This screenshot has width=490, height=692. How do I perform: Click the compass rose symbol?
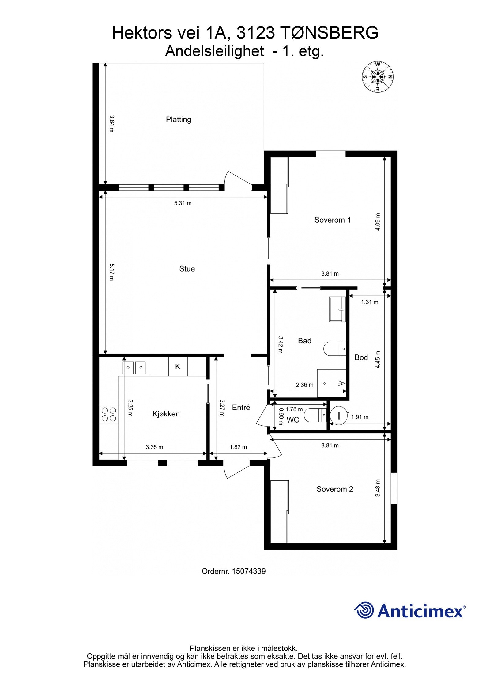pos(378,77)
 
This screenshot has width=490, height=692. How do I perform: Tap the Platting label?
pos(179,119)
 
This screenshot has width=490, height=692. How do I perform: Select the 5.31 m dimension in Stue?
pos(183,203)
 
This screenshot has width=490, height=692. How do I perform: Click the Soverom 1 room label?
pos(332,220)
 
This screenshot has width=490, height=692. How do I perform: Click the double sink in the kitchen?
pos(134,366)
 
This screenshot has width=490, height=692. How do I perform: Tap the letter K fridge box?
pos(178,367)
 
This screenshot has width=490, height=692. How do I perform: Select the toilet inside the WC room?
pos(315,415)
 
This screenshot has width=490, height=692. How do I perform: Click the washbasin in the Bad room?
pos(337,309)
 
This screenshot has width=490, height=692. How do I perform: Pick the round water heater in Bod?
pos(339,415)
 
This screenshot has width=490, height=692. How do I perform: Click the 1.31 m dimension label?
pos(369,302)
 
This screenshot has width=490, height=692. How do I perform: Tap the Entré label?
pos(241,407)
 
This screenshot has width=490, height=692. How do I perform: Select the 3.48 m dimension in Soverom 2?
pos(378,488)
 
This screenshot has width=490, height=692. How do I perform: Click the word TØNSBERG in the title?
pos(329,33)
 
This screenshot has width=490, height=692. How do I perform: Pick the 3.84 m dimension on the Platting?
pos(111,124)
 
